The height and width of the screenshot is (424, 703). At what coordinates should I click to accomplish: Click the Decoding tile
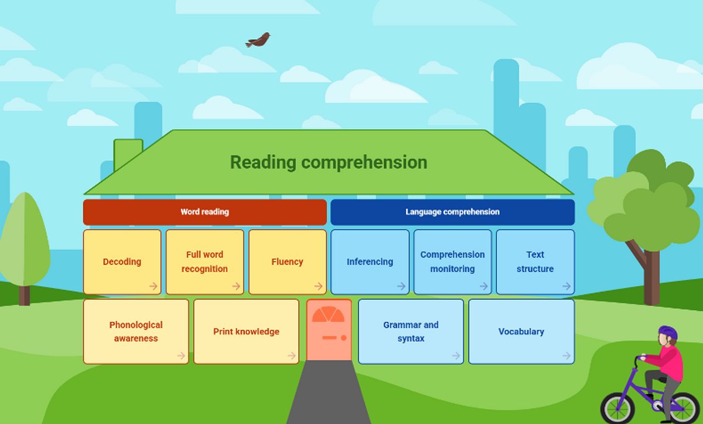(122, 262)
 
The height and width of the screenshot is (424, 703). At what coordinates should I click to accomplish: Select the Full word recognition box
(204, 262)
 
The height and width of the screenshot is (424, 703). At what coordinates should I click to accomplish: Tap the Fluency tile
(288, 262)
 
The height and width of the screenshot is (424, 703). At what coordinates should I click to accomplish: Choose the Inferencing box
(370, 262)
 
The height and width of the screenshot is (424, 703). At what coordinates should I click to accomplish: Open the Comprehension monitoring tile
(452, 262)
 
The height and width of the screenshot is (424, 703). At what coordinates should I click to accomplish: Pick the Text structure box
(535, 262)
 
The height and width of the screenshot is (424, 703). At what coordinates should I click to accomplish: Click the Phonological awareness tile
(136, 332)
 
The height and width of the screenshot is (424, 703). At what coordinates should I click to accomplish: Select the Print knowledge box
(247, 332)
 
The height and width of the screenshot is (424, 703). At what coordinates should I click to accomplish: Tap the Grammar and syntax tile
(411, 332)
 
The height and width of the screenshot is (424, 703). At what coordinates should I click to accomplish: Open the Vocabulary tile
(521, 332)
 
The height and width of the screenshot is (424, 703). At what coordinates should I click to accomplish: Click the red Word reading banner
(205, 212)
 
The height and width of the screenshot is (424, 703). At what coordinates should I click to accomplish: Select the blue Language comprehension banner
(452, 212)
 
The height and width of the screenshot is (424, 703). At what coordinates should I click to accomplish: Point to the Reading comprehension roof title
(329, 162)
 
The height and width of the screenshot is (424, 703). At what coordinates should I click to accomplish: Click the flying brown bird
(258, 40)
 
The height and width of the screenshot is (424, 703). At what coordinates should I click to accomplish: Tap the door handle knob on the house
(344, 338)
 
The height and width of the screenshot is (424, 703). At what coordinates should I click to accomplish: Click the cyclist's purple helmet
(668, 333)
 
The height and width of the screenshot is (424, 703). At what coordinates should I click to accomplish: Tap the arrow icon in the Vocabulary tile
(567, 355)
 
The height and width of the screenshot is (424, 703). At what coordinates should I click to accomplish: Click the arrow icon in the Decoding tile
(153, 286)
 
